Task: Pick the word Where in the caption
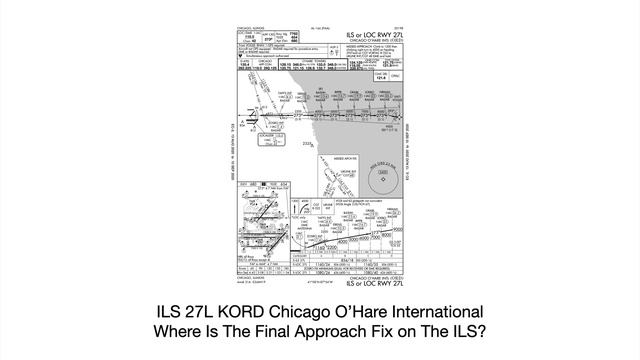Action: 181,331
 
